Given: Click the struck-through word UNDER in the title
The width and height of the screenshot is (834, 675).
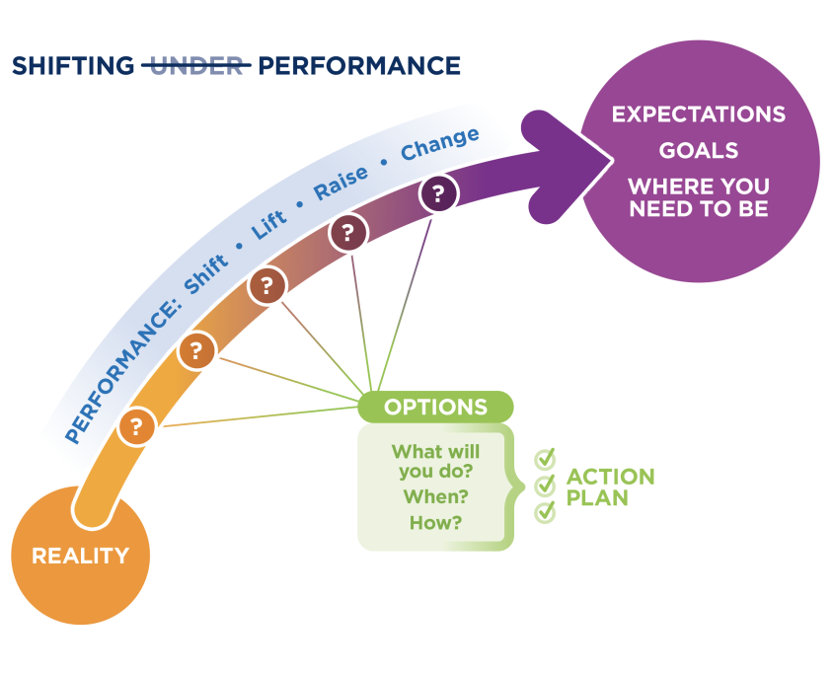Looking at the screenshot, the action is [x=196, y=66].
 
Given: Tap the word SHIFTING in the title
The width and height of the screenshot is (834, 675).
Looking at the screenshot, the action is [x=73, y=66].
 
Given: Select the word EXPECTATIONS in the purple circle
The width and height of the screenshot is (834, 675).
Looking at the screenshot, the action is [x=699, y=114].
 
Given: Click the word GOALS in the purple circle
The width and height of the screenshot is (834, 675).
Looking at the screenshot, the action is [x=699, y=151].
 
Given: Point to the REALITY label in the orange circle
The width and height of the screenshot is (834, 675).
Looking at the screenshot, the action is [x=80, y=556].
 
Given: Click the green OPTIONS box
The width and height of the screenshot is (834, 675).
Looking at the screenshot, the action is [x=435, y=407].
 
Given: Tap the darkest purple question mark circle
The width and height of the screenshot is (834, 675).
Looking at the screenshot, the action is [x=438, y=193].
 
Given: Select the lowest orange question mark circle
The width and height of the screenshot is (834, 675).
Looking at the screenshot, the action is [x=136, y=426].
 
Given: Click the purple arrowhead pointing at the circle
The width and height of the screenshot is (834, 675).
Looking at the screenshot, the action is [x=567, y=164].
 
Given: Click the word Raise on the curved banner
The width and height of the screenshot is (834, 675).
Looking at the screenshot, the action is [x=341, y=183].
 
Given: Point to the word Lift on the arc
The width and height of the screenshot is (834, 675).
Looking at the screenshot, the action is [x=269, y=224].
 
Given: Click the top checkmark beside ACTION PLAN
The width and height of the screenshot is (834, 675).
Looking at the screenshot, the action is [x=545, y=458].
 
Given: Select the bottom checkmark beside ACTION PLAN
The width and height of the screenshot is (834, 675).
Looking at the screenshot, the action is [x=545, y=512].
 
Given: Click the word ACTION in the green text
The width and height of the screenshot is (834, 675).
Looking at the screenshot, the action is [x=610, y=477].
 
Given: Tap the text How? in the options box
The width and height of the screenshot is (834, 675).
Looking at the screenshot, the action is [x=435, y=523].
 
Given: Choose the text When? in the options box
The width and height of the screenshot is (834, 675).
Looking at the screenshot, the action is [x=435, y=496].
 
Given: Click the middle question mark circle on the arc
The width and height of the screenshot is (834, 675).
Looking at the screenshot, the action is [x=267, y=285].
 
